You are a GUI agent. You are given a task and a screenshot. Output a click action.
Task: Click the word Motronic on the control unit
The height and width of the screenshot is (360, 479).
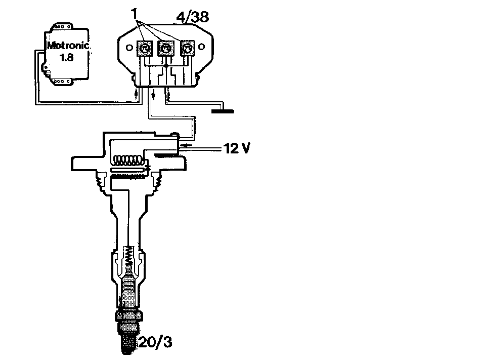pos(68,46)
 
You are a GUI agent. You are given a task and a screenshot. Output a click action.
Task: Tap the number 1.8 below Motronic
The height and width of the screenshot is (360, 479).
pos(67,57)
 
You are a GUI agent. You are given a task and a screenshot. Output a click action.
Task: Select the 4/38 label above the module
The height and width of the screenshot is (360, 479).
pos(193,17)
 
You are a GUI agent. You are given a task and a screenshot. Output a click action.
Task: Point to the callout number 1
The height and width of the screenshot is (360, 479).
pos(135,14)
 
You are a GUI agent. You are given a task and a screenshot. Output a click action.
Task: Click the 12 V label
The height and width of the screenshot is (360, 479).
pos(237,148)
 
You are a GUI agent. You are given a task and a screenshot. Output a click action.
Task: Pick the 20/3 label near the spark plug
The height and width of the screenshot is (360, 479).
pos(155,342)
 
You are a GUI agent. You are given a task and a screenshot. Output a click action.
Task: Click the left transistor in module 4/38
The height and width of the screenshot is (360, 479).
pos(144,48)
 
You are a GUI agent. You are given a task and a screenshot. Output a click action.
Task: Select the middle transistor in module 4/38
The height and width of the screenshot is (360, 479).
pos(165,48)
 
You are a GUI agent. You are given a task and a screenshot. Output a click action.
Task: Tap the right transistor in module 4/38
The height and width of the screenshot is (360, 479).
pos(187,48)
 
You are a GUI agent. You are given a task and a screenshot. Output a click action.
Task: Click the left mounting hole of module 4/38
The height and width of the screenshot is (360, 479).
pos(129,48)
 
